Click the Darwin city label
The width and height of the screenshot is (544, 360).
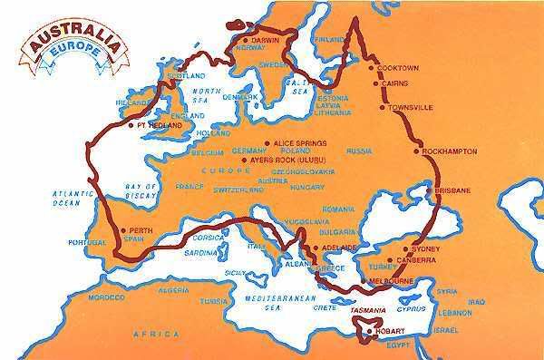267,41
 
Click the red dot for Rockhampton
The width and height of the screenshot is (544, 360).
418,151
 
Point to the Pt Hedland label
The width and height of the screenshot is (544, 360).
153,125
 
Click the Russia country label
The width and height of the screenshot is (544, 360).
360,149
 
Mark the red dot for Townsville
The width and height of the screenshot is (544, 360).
382,107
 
